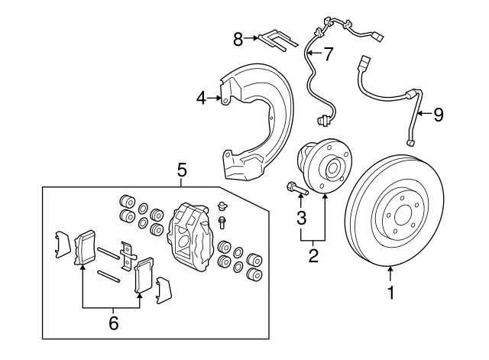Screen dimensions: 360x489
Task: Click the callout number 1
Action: (x=390, y=292)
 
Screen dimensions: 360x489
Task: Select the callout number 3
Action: (x=302, y=218)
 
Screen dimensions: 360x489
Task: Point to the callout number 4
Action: (x=201, y=98)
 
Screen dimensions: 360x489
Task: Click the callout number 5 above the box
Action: (x=182, y=170)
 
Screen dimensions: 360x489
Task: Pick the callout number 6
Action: (x=113, y=323)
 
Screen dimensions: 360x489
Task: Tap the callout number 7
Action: (x=328, y=54)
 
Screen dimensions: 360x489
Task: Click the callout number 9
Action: (x=438, y=115)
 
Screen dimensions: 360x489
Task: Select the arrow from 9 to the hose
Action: (x=424, y=115)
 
